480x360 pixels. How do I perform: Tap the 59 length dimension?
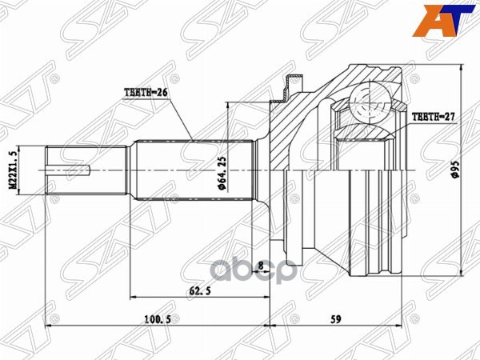(336, 319)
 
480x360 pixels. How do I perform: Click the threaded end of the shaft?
(72, 170)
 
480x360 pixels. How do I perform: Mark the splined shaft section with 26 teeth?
(192, 170)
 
